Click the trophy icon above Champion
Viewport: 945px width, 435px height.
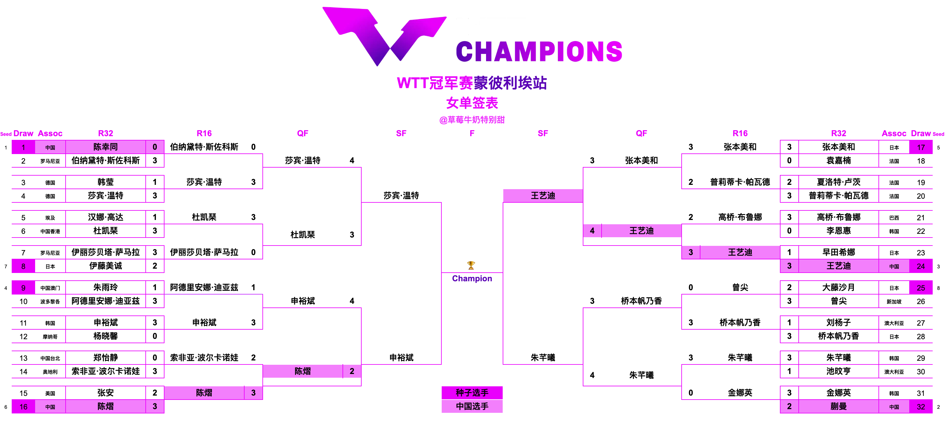471,265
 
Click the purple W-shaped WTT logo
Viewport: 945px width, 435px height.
383,36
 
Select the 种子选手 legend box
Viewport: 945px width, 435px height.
472,392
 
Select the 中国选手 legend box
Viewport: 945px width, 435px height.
472,406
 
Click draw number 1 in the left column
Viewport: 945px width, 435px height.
23,147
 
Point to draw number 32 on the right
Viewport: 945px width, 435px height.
920,406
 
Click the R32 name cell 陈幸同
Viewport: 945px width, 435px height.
106,147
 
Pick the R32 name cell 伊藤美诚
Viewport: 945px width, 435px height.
106,266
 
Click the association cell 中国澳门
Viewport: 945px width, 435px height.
50,288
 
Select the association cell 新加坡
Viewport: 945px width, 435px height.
894,302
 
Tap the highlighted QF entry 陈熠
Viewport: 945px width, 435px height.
303,371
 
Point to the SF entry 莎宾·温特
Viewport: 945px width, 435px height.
401,196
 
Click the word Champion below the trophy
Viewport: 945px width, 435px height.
472,278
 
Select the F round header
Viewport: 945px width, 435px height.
472,133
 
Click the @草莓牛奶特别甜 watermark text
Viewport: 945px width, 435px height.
472,120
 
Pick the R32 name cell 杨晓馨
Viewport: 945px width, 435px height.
106,336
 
